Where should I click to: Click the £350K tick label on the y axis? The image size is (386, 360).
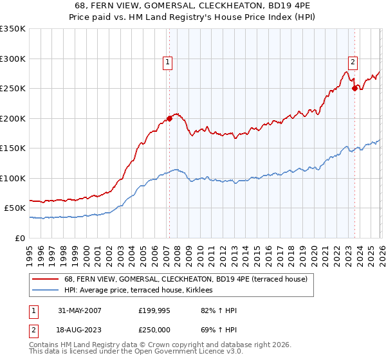point(13,29)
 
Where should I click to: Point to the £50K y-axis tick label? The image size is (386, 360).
point(15,208)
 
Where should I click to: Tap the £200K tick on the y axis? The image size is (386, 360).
point(13,118)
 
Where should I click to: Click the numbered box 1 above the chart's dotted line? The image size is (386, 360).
point(167,62)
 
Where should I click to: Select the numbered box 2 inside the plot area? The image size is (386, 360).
point(353,62)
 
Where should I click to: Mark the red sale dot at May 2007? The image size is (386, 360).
point(170,118)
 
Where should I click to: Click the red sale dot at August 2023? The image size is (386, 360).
point(354,89)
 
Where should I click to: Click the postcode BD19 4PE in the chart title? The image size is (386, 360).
point(286,5)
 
